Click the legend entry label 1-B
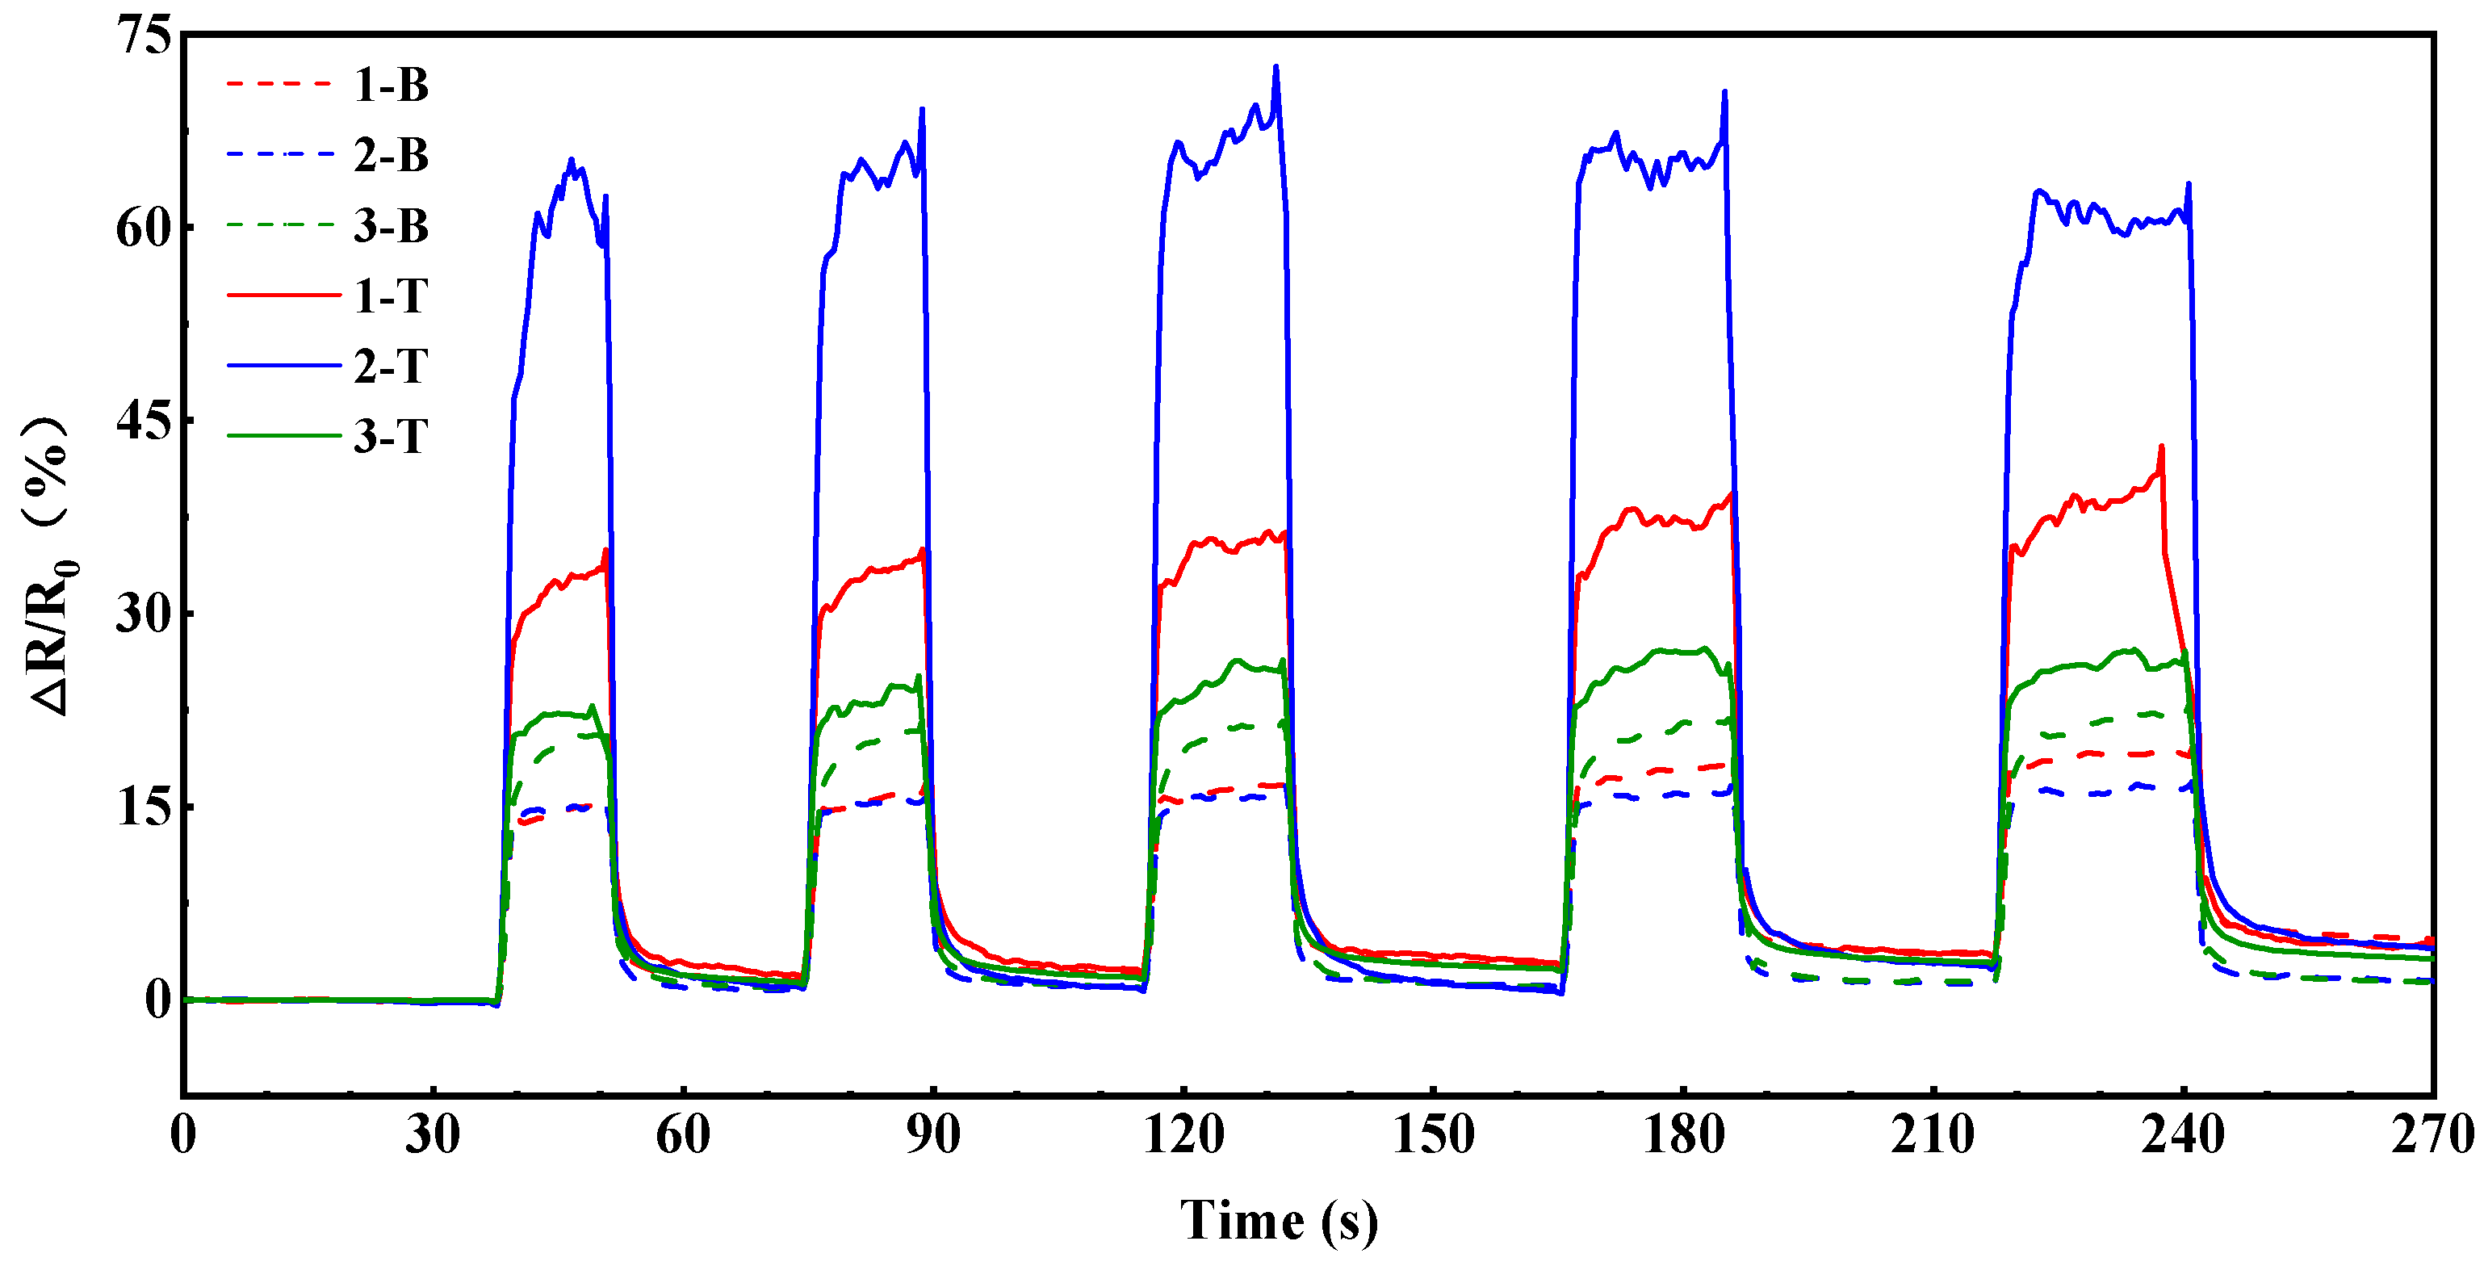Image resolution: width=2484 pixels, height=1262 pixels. (x=391, y=85)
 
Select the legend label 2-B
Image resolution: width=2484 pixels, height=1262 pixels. (x=391, y=155)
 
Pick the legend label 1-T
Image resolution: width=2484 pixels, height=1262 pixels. (x=391, y=296)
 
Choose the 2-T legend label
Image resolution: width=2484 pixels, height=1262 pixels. (x=391, y=367)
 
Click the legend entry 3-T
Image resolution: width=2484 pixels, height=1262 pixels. (x=391, y=437)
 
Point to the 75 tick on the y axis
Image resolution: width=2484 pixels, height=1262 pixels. (x=143, y=36)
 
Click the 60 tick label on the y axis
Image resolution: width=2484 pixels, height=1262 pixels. (x=143, y=229)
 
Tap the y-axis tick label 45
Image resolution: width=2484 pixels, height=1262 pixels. (x=143, y=421)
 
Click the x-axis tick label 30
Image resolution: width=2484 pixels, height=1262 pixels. (x=432, y=1134)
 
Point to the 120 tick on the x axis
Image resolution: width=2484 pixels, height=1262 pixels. (x=1183, y=1134)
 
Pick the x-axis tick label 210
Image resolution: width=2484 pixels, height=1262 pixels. (x=1933, y=1134)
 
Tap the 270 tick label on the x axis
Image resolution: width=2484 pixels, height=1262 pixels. (x=2432, y=1134)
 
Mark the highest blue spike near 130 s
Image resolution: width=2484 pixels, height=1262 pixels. (x=1276, y=68)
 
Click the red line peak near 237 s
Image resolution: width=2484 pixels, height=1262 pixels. (x=2161, y=447)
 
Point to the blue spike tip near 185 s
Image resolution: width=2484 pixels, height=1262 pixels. (x=1724, y=93)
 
